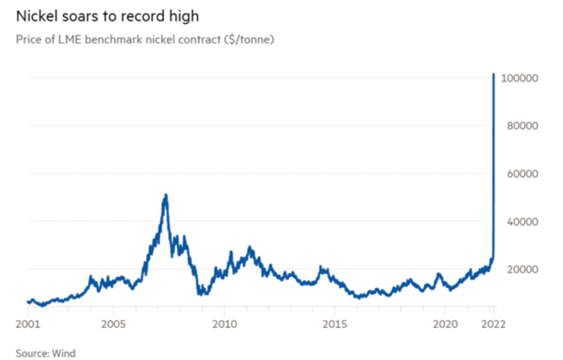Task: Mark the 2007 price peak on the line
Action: (x=165, y=195)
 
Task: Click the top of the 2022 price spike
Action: (x=493, y=74)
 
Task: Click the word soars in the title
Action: (x=85, y=15)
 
